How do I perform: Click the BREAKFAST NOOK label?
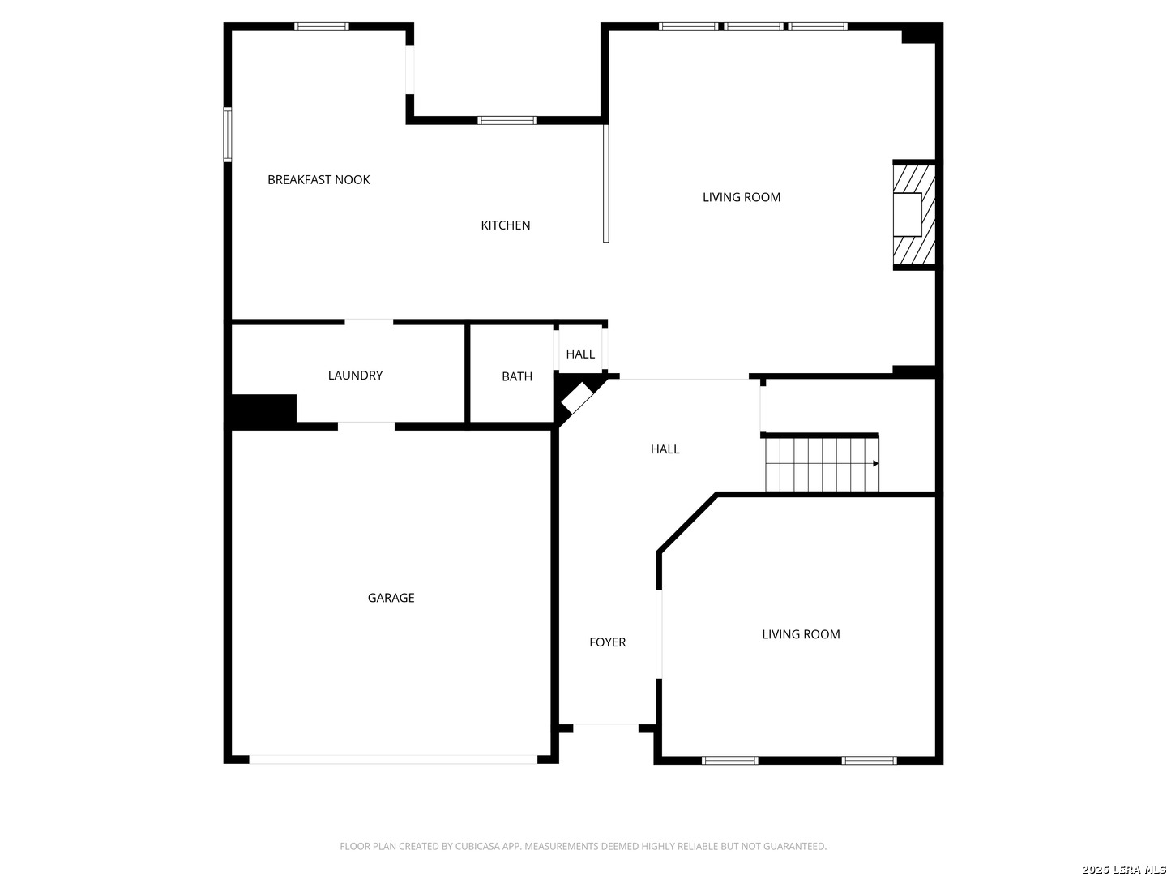[x=318, y=180]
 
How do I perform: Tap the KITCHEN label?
[x=506, y=225]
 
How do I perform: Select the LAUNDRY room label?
[x=355, y=376]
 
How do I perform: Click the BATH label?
[x=517, y=376]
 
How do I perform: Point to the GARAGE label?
[x=391, y=598]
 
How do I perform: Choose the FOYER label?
[x=607, y=642]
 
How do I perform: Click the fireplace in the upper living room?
[x=913, y=215]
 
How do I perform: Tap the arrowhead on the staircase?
[x=875, y=464]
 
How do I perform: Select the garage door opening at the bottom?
[x=393, y=760]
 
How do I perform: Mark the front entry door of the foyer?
[x=605, y=726]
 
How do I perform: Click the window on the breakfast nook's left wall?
[x=228, y=135]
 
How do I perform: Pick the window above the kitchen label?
[x=507, y=121]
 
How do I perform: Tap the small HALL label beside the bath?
[x=580, y=354]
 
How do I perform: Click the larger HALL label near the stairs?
[x=665, y=449]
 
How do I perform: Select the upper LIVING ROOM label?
[x=741, y=197]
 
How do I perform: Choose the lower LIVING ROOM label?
[x=801, y=634]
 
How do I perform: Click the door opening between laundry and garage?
[x=366, y=425]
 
